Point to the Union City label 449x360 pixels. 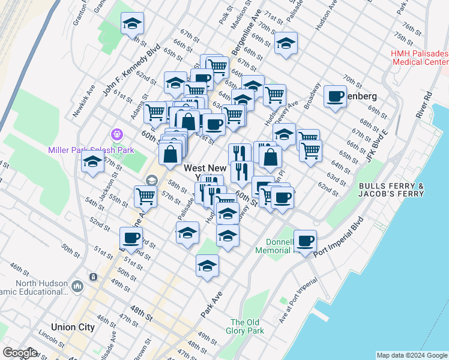[73, 327]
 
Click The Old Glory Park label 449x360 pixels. [246, 326]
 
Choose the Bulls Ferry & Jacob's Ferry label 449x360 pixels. [390, 190]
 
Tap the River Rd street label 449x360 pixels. [427, 104]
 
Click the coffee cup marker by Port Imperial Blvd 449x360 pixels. [305, 241]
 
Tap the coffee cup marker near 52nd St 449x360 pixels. [131, 238]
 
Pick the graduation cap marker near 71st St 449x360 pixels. [286, 43]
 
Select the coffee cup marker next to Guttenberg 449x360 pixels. [335, 96]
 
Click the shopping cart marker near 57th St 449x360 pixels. [145, 196]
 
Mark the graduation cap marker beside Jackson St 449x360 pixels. [92, 162]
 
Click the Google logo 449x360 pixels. [20, 353]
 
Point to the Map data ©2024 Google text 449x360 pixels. [412, 356]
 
